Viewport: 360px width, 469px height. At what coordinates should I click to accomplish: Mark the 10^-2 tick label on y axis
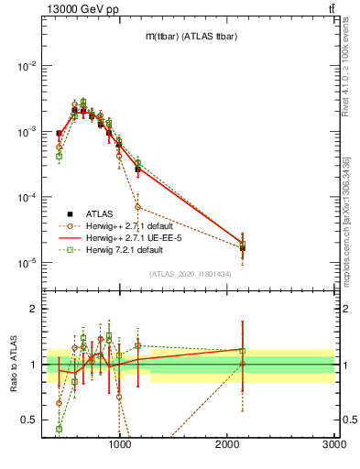(27, 66)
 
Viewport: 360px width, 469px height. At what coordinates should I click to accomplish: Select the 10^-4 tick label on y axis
(27, 198)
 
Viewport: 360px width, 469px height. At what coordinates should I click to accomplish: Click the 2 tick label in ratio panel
(33, 309)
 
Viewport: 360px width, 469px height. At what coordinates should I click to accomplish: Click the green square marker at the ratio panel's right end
(243, 350)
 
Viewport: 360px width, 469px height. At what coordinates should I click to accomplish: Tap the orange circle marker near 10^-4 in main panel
(137, 207)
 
